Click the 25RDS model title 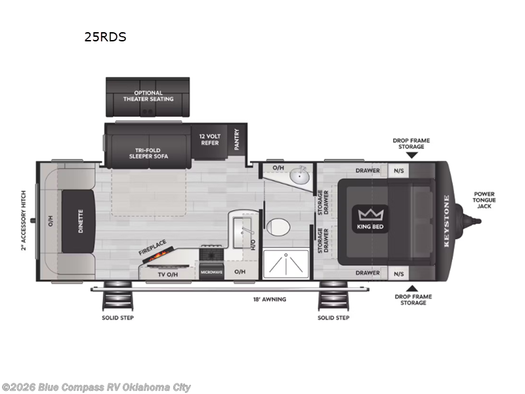(105, 37)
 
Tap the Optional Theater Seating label (148, 96)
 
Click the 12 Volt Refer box (210, 139)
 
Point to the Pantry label (236, 139)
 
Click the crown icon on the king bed (371, 215)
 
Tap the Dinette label (81, 221)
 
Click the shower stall (285, 265)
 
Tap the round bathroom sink (302, 176)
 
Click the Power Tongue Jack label (484, 200)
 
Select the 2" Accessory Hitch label (24, 221)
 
